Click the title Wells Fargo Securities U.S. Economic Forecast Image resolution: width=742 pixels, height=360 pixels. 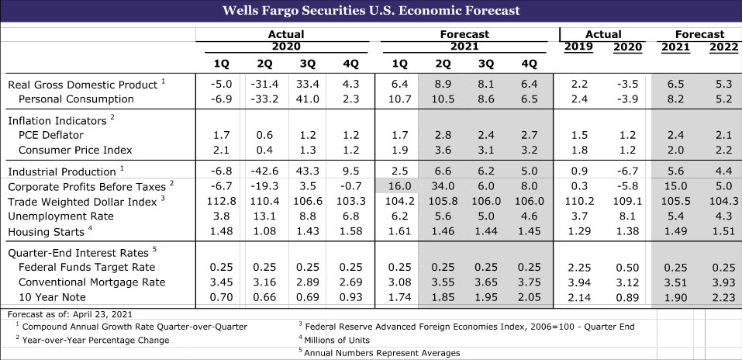pos(371,11)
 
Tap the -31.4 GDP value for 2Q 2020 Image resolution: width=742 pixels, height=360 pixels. pos(264,85)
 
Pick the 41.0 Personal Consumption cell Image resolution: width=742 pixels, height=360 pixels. pos(308,99)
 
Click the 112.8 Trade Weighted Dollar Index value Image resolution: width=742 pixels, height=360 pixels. pos(221,202)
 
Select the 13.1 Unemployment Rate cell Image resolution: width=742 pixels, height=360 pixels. pos(264,216)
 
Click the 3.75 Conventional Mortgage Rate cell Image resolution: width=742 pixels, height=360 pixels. pos(530,282)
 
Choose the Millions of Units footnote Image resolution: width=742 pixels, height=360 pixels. pos(336,340)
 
